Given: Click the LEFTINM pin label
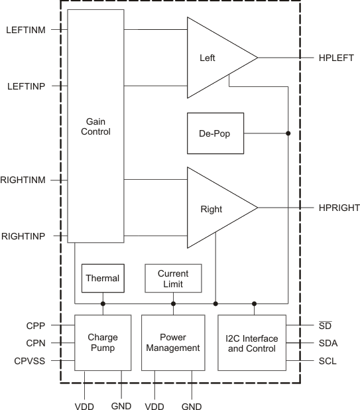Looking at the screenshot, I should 25,30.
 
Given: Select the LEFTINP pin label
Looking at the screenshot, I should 25,86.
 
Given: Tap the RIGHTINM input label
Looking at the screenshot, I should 23,180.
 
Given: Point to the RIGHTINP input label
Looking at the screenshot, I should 23,236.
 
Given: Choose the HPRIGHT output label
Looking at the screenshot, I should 339,208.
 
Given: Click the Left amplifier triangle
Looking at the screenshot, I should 212,58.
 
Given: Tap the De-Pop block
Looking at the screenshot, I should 215,133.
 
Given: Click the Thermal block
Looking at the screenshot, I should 103,278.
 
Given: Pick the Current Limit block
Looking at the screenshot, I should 173,279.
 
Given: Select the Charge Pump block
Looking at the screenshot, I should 103,342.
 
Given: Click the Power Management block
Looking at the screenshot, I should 173,342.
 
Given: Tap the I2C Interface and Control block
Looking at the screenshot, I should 252,342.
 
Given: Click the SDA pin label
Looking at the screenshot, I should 328,343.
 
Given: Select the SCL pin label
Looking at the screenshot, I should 328,362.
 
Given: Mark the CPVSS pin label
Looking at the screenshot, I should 29,362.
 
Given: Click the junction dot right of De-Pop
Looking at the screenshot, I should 288,133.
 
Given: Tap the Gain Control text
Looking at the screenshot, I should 95,127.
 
